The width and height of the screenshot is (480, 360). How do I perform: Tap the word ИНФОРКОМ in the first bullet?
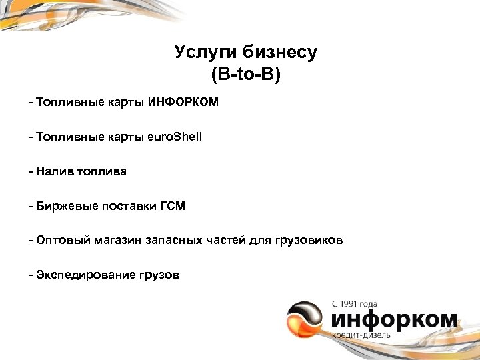coord(187,103)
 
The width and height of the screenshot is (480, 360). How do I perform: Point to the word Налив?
coord(54,171)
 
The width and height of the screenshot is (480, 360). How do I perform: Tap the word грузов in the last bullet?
coord(159,275)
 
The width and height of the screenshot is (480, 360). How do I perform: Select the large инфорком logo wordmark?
coord(394,319)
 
